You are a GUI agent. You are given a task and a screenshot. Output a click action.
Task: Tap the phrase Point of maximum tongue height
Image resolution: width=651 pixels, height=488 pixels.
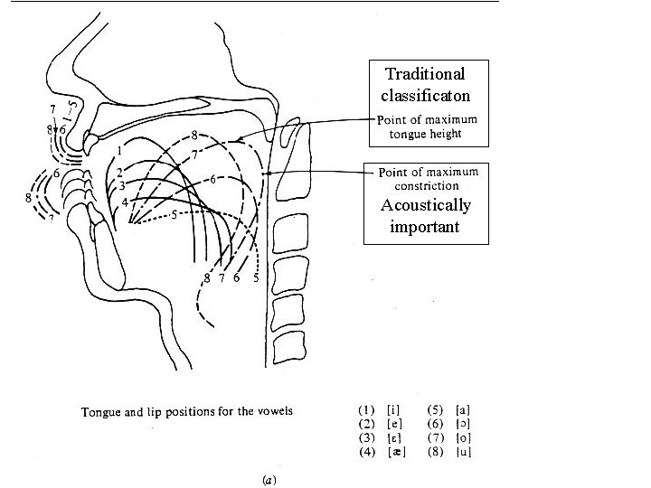(x=428, y=127)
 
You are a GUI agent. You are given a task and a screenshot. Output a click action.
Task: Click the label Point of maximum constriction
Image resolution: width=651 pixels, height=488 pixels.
(x=428, y=179)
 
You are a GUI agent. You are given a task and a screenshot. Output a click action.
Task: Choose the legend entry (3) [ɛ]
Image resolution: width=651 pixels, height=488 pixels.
(x=380, y=438)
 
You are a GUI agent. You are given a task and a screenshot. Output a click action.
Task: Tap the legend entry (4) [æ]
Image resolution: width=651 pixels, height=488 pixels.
(x=380, y=451)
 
